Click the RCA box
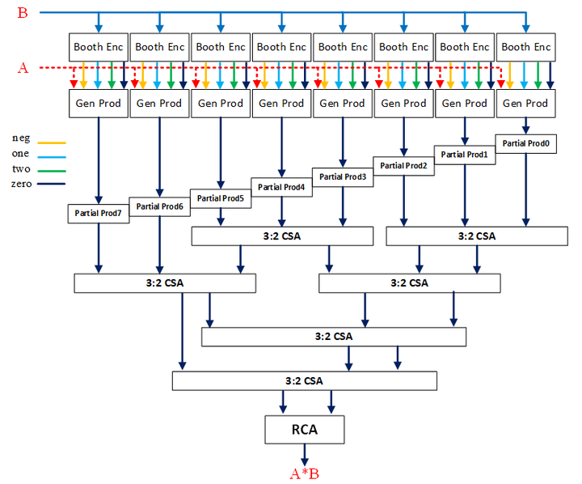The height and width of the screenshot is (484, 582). (x=304, y=429)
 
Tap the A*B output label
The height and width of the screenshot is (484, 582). (x=304, y=474)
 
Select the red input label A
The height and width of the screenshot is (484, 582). (x=22, y=68)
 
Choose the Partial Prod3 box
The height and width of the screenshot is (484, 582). (x=343, y=176)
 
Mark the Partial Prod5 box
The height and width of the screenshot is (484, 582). (x=221, y=197)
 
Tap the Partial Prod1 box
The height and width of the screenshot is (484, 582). (x=465, y=154)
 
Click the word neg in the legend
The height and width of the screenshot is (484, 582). (x=22, y=138)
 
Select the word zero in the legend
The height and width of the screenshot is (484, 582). (x=23, y=185)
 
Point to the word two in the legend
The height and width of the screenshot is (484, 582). (x=22, y=169)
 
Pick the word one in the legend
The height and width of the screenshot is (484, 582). (x=22, y=154)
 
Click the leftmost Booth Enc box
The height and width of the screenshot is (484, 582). (x=99, y=47)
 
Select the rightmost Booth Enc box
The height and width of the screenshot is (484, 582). (x=526, y=47)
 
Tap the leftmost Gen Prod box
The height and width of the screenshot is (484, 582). (x=99, y=104)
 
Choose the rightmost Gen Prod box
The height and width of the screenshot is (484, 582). (x=526, y=104)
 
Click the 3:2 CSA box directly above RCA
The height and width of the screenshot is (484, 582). (x=304, y=380)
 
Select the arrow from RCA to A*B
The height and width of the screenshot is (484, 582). (x=304, y=454)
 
